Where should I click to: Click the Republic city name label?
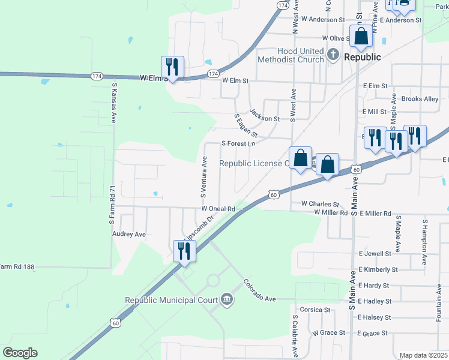pos(363,57)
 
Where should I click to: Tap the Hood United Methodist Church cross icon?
pos(333,56)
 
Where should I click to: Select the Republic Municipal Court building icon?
pos(227,299)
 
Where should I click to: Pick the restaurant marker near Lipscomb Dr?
pos(184,250)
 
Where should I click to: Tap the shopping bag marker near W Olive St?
pos(361,37)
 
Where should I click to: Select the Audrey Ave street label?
pos(129,234)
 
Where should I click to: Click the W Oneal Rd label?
pos(217,208)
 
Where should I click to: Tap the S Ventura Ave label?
pos(203,178)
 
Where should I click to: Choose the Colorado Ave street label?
pos(259,290)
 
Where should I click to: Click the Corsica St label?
pos(315,310)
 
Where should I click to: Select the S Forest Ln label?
pos(238,143)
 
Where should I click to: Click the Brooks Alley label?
pos(420,99)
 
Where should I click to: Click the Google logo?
pos(20,353)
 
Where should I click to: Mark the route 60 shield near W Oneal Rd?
pos(274,194)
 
